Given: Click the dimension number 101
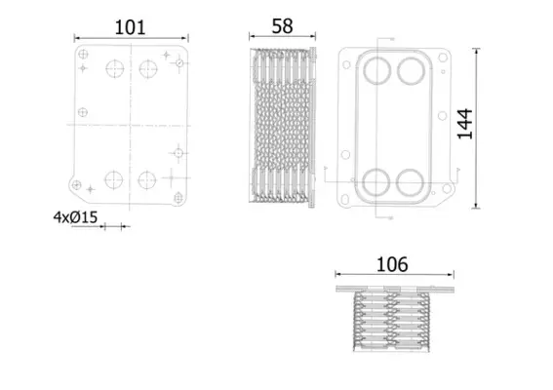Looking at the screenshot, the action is tap(130, 27).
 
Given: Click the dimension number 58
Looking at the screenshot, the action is tap(282, 26).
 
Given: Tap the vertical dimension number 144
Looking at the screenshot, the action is tap(465, 124).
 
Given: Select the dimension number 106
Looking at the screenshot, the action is tap(392, 264).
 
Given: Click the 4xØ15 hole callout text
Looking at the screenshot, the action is tap(75, 217).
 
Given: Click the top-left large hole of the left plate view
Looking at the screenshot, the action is tap(115, 68).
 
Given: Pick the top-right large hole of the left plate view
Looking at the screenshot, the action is tap(148, 69).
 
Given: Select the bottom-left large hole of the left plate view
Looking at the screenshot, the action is tap(113, 179).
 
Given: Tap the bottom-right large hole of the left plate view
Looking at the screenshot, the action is tap(147, 179).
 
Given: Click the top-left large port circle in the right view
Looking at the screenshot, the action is tap(377, 70).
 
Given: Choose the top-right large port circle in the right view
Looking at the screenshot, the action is tap(411, 70).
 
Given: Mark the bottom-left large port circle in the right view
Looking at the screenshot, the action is tap(375, 182).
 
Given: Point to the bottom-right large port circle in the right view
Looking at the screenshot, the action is tap(410, 182).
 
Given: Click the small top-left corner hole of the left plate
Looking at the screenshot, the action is tap(83, 54).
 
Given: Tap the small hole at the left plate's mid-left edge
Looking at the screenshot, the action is tap(83, 112).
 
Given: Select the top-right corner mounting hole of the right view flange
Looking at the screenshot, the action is tap(443, 58).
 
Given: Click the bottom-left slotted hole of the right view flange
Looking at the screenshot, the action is tap(345, 200).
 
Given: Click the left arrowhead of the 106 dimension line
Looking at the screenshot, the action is tap(337, 274).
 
